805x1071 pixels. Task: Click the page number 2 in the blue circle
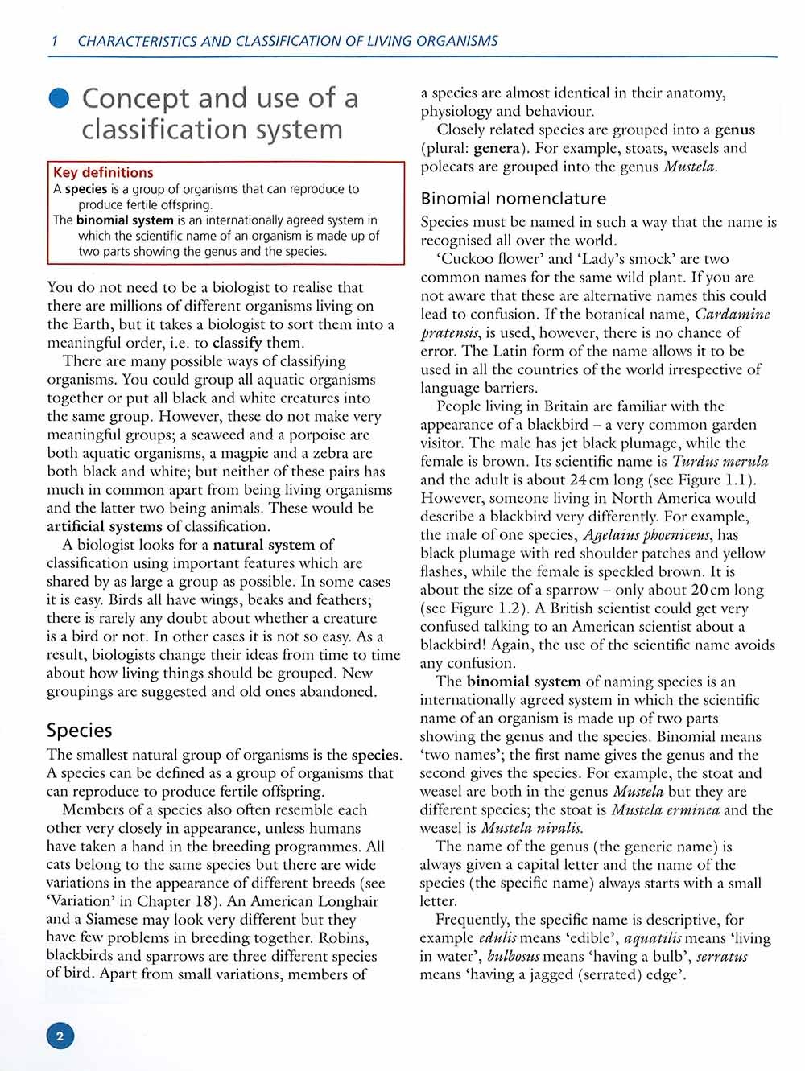[x=60, y=1036]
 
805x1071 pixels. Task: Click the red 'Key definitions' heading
[x=103, y=172]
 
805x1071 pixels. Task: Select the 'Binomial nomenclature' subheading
[x=514, y=198]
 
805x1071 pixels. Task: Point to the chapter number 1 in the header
[x=54, y=41]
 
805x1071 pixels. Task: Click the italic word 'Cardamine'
[x=732, y=314]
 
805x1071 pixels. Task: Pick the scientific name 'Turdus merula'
[x=720, y=461]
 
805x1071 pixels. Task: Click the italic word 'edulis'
[x=497, y=938]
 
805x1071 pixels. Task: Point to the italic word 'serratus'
[x=721, y=957]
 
